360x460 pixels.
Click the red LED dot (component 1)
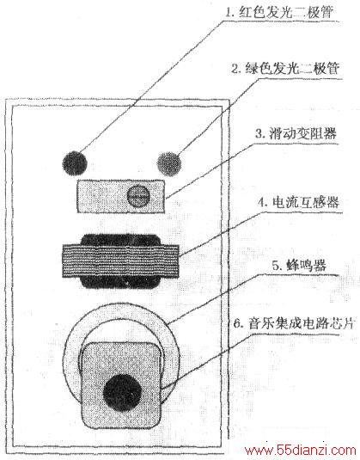pyautogui.click(x=75, y=163)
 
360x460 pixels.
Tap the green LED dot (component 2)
pyautogui.click(x=169, y=163)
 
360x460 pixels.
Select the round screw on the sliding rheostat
pyautogui.click(x=138, y=196)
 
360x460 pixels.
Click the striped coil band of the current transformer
pyautogui.click(x=120, y=261)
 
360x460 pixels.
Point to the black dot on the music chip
pyautogui.click(x=123, y=393)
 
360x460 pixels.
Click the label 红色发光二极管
pyautogui.click(x=286, y=13)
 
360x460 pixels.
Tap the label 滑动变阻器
pyautogui.click(x=302, y=134)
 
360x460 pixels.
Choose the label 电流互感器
pyautogui.click(x=306, y=202)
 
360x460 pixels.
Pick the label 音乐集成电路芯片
pyautogui.click(x=301, y=323)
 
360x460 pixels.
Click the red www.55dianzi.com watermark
pyautogui.click(x=300, y=450)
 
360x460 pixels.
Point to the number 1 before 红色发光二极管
pyautogui.click(x=229, y=13)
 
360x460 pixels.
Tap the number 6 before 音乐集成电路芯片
pyautogui.click(x=237, y=324)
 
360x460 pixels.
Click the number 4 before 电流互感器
pyautogui.click(x=262, y=203)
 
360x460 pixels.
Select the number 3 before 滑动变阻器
pyautogui.click(x=259, y=134)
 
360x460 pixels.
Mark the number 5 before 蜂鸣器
pyautogui.click(x=277, y=267)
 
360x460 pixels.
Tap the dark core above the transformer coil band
pyautogui.click(x=120, y=239)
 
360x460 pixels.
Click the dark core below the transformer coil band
pyautogui.click(x=120, y=283)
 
